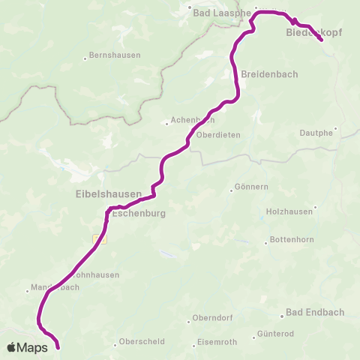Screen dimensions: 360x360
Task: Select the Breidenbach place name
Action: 269,73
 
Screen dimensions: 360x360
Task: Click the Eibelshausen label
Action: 109,193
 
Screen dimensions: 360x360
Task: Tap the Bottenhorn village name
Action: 291,241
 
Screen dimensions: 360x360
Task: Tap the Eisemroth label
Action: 220,343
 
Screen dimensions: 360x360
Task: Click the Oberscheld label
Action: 138,345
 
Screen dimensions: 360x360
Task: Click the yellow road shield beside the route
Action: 99,238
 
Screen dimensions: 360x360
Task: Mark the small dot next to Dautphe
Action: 337,127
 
